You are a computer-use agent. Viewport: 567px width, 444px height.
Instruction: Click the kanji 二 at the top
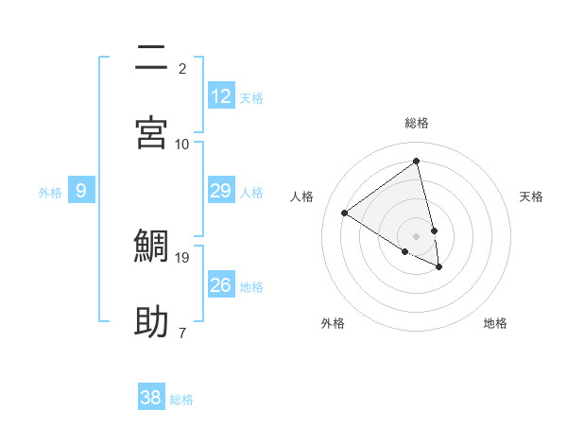click(x=152, y=59)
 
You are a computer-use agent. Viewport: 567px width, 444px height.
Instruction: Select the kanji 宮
click(x=152, y=133)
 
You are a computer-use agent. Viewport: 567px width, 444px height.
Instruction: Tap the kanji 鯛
click(x=152, y=246)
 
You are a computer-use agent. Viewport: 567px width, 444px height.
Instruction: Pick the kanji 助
click(x=152, y=321)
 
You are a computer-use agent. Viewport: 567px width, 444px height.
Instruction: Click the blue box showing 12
click(x=221, y=96)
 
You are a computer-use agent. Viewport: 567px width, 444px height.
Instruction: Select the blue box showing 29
click(x=221, y=191)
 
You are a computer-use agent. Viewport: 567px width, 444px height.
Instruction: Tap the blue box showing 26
click(x=221, y=285)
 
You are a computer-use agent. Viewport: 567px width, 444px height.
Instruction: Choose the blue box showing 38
click(x=151, y=398)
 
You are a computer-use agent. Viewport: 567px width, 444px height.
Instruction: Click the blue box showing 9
click(x=81, y=191)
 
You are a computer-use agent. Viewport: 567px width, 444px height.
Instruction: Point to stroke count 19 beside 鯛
click(x=182, y=257)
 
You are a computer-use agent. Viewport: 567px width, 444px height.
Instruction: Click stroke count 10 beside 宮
click(x=182, y=144)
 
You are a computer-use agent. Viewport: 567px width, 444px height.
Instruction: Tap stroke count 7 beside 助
click(x=182, y=333)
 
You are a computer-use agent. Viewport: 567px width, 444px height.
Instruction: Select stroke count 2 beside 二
click(x=182, y=68)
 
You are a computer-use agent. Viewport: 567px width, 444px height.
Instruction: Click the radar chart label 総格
click(x=417, y=123)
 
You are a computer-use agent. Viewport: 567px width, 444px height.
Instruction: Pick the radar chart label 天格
click(x=531, y=196)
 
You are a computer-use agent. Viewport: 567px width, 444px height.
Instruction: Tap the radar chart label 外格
click(x=333, y=323)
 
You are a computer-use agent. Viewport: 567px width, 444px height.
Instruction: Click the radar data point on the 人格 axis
click(x=345, y=213)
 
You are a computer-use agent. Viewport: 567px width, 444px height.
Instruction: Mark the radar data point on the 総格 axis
click(x=416, y=162)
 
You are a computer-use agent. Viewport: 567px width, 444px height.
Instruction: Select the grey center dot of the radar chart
click(x=416, y=236)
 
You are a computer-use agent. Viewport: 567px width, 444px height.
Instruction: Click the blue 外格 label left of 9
click(x=50, y=193)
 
